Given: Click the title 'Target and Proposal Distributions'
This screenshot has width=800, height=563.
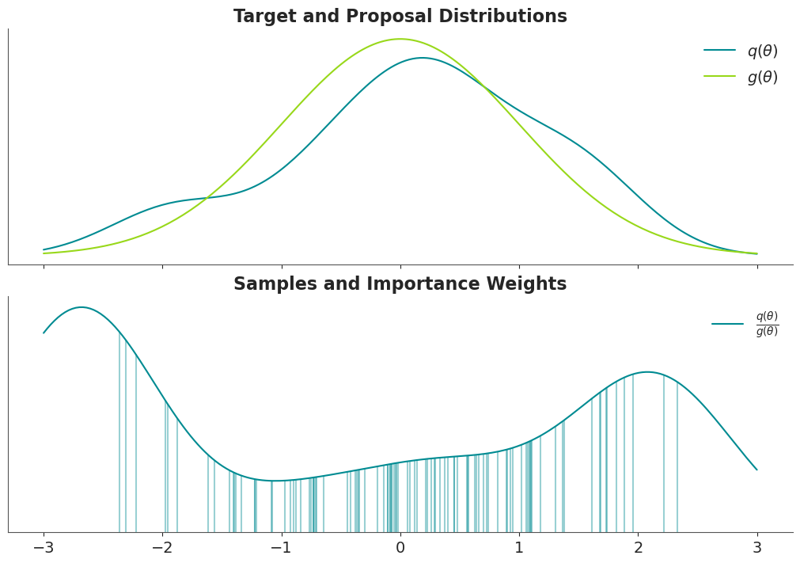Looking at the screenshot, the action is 400,17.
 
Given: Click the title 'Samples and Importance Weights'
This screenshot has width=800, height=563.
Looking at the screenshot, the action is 400,283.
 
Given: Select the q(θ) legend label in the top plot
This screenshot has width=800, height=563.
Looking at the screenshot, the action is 763,51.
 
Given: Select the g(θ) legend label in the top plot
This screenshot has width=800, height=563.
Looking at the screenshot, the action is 763,77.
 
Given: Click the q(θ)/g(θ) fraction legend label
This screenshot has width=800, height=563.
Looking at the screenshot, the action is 768,324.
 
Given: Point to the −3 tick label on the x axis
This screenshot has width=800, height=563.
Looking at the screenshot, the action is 44,548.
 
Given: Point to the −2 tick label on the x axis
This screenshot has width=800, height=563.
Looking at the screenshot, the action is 163,548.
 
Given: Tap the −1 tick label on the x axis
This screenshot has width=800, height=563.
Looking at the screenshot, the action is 282,548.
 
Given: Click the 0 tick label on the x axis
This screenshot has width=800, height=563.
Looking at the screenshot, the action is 400,548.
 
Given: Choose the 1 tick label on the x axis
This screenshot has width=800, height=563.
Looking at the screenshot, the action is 519,548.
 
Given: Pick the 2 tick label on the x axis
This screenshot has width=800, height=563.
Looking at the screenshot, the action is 639,548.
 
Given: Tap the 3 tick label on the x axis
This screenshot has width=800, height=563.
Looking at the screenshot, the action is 757,548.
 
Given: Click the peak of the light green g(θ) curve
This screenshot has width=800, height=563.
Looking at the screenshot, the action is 400,39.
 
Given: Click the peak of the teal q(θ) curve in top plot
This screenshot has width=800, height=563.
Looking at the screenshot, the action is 422,58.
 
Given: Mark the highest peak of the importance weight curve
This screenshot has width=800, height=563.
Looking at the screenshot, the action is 82,307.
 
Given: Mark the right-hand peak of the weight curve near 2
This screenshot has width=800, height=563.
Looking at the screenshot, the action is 647,372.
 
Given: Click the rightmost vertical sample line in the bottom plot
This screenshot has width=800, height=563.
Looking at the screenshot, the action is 677,458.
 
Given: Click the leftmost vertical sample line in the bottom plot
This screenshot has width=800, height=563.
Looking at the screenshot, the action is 119,432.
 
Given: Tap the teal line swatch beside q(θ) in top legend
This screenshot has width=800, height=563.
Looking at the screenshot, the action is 719,50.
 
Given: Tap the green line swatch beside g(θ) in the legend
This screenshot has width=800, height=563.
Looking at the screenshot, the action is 719,76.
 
